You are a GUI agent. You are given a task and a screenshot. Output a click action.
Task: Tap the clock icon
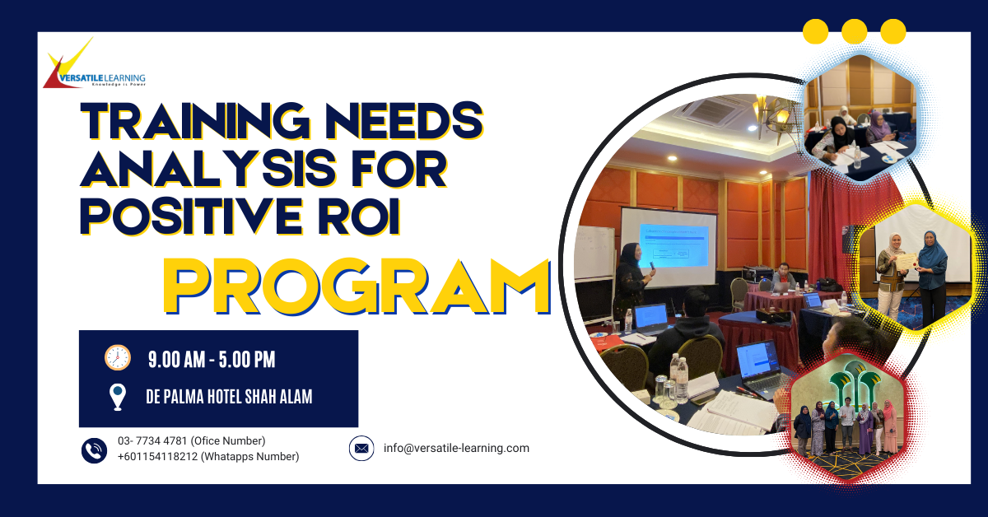(x=118, y=357)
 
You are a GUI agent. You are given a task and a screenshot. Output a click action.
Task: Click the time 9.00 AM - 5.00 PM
(x=212, y=359)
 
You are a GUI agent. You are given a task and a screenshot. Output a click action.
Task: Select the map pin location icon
(x=118, y=397)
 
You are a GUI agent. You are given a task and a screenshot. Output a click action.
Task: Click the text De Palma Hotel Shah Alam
(x=229, y=398)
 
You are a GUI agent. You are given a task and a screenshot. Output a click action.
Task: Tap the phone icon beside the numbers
(x=94, y=449)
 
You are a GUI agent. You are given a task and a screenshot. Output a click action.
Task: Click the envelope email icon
(x=361, y=449)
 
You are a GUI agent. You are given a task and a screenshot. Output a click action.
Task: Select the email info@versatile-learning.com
(x=456, y=449)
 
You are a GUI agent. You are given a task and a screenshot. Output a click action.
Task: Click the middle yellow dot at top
(x=855, y=31)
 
